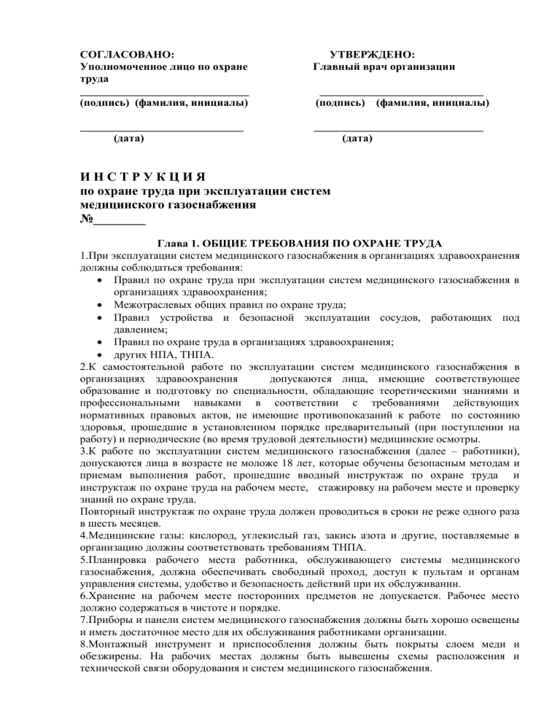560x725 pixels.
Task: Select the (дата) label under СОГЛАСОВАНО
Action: tap(129, 137)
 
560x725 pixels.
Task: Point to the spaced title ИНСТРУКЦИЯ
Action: tap(142, 178)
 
